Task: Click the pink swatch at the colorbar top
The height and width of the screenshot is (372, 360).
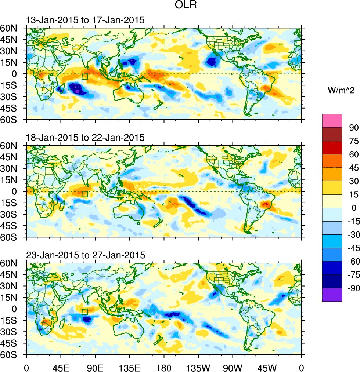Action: pos(332,121)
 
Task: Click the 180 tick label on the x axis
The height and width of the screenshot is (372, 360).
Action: pos(163,367)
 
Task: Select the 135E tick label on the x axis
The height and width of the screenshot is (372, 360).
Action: pos(129,367)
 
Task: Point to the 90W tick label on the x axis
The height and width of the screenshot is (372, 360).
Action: pos(232,367)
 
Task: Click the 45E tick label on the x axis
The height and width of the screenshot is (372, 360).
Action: pos(60,367)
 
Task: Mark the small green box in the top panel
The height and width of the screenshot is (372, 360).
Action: pos(84,77)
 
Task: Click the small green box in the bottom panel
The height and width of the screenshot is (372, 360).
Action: pos(84,311)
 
